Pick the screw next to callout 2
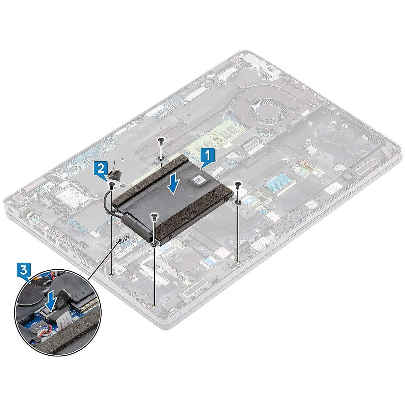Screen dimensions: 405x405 [111, 185]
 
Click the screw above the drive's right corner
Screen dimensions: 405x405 [238, 184]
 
